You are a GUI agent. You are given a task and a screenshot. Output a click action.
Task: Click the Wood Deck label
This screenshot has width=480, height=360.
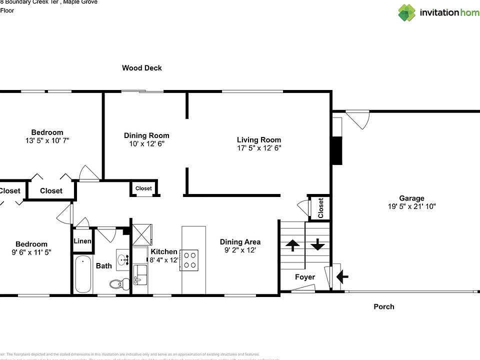tap(142, 68)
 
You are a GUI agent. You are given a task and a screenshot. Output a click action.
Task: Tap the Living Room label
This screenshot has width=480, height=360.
tap(258, 140)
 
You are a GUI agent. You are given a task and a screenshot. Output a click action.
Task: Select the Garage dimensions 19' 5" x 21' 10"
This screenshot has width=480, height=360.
tap(411, 206)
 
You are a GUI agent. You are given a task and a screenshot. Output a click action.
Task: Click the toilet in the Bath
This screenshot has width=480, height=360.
tap(115, 284)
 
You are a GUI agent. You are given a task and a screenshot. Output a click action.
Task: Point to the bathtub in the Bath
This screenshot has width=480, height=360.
tap(83, 274)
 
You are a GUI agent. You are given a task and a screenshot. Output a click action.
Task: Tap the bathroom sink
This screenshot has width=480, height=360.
tap(123, 259)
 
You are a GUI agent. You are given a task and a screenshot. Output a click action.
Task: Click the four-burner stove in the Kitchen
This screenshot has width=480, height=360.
tap(189, 259)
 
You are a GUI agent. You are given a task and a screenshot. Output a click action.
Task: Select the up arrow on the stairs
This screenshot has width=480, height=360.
tap(292, 245)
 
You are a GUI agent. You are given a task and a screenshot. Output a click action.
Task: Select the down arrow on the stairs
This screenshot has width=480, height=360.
tap(318, 245)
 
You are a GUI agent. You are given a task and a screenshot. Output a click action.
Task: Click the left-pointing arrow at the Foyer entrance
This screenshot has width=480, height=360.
tap(343, 275)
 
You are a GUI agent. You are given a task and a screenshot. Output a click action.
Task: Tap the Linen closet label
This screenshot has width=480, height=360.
tap(82, 241)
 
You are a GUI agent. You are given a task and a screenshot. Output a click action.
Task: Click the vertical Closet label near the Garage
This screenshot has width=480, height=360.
tap(320, 207)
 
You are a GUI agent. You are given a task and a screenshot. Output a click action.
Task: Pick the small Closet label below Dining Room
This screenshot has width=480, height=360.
tap(143, 188)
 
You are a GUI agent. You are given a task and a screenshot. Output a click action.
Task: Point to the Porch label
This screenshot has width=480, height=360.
tap(383, 306)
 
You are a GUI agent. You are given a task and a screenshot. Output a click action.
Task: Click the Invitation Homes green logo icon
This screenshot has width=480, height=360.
tap(406, 12)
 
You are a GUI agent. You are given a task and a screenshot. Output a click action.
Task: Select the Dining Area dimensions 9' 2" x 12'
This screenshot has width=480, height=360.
tap(240, 250)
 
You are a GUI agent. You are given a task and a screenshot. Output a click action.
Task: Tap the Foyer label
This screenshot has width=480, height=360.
tap(304, 276)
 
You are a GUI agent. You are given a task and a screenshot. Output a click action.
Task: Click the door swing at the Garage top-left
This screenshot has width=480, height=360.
tap(358, 119)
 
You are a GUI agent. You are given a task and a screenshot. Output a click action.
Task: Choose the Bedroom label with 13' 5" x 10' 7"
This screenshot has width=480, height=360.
tap(47, 132)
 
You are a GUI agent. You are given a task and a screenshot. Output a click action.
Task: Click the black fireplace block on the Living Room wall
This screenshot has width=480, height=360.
tap(337, 150)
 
